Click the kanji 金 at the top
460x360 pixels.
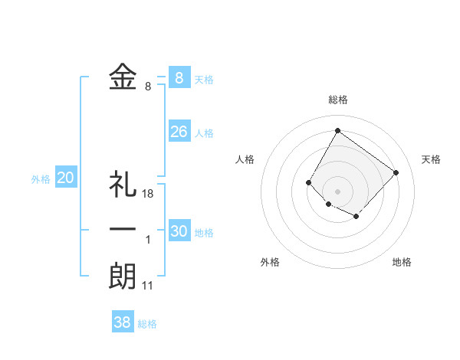pos(123,77)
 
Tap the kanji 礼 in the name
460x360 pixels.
pos(123,185)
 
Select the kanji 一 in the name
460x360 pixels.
pos(123,230)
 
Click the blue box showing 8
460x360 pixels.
pos(179,77)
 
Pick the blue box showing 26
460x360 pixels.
pos(179,132)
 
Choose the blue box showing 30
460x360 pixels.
pos(179,231)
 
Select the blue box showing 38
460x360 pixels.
pos(123,322)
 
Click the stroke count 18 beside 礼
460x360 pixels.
pos(148,194)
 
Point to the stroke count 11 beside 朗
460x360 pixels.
pos(148,286)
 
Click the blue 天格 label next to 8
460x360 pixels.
pos(204,80)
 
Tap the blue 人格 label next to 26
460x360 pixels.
pos(204,133)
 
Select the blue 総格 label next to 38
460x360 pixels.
pos(147,324)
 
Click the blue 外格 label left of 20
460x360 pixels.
pos(41,180)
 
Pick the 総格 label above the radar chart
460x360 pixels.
pos(337,100)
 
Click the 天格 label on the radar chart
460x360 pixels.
pos(431,159)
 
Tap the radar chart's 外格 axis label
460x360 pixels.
pos(270,262)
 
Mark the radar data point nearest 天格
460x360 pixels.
pos(396,172)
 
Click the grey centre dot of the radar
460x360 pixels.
pos(337,191)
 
